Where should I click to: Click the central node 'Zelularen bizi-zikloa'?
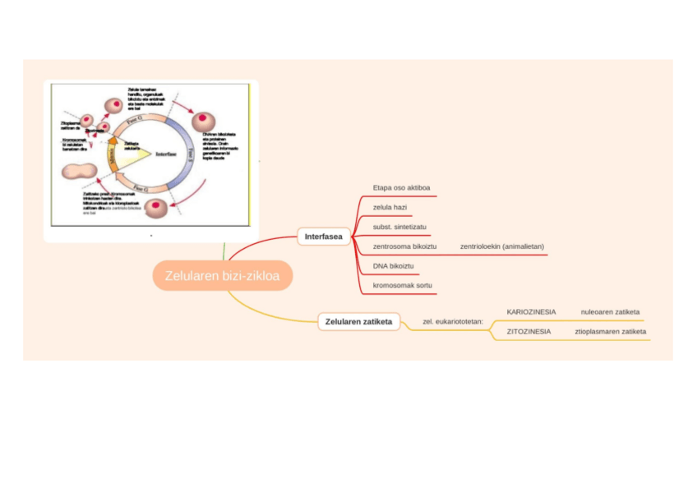point(222,276)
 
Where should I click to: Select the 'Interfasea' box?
point(323,237)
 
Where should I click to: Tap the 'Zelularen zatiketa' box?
point(358,321)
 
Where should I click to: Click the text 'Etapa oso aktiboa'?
point(401,187)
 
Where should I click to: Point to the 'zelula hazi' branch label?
point(390,207)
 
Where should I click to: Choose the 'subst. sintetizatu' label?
point(399,226)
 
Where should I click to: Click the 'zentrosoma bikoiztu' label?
point(404,246)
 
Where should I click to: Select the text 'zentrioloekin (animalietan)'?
point(502,246)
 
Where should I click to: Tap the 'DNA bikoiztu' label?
point(393,266)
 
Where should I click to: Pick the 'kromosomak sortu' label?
point(402,285)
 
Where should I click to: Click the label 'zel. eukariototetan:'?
point(453,322)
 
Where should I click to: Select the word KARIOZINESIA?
point(531,312)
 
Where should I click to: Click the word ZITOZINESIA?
point(529,331)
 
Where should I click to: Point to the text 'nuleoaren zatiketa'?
point(610,312)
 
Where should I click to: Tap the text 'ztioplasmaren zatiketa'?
point(610,331)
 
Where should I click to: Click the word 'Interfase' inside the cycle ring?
point(168,154)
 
